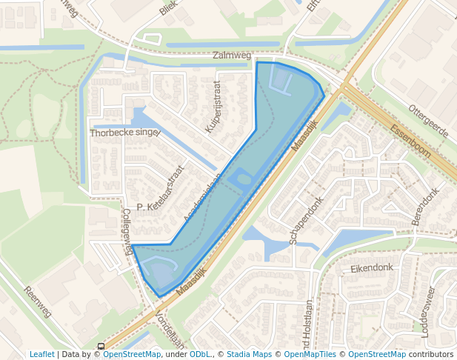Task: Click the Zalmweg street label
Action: pos(232,55)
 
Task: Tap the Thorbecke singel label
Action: pos(124,133)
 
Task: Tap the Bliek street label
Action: pos(169,8)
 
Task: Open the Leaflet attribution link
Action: pos(41,354)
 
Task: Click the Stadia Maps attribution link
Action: pos(249,354)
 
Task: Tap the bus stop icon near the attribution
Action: pos(101,346)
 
